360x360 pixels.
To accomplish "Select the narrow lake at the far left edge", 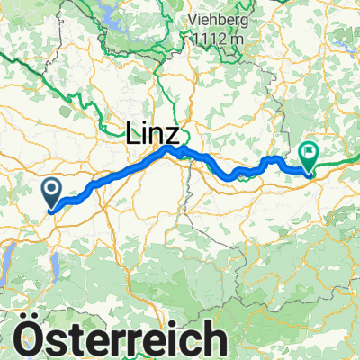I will coord(4,262).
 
